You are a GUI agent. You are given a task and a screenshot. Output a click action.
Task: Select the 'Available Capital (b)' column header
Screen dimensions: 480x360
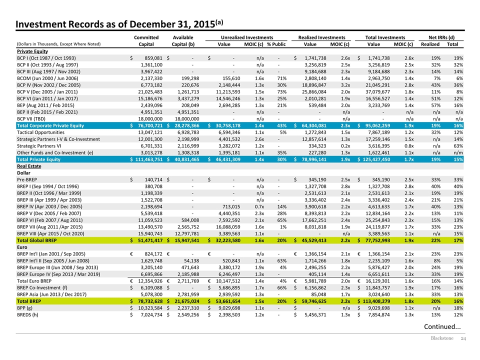pos(183,40)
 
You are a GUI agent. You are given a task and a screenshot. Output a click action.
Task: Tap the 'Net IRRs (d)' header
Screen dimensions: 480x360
pos(441,37)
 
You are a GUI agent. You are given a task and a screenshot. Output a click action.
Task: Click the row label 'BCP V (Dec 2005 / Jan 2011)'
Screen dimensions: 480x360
pos(47,92)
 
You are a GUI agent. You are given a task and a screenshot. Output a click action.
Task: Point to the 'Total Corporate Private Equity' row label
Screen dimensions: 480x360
pos(50,125)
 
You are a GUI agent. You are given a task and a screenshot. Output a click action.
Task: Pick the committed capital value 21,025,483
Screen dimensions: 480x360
pos(150,92)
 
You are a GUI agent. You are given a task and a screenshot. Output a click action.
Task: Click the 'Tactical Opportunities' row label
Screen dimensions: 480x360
pos(40,132)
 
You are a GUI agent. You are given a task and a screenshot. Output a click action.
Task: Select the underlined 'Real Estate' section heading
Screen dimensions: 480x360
pos(29,166)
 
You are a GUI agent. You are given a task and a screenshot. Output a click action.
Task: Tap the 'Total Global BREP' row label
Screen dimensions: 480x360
pos(36,240)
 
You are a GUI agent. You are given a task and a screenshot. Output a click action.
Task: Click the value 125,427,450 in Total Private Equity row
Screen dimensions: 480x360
pos(376,159)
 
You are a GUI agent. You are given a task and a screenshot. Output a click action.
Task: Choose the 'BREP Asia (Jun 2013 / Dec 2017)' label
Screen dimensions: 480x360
pos(51,294)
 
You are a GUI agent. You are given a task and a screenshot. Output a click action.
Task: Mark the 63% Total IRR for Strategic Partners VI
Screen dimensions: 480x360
pos(458,145)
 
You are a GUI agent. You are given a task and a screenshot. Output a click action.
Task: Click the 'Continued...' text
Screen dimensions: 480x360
pos(442,326)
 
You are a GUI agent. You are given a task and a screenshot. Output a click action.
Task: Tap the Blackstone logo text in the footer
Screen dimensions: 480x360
pos(442,338)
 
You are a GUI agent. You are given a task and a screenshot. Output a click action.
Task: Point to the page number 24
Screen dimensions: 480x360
pos(463,338)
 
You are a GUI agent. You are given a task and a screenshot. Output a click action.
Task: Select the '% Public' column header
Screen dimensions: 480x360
pos(276,44)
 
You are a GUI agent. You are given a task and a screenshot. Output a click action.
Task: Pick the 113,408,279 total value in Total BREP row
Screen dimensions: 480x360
pos(376,301)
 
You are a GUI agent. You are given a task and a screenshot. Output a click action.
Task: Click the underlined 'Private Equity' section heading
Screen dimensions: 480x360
pos(32,51)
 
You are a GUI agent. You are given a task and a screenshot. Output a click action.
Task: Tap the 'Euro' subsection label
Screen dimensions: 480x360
pos(22,247)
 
